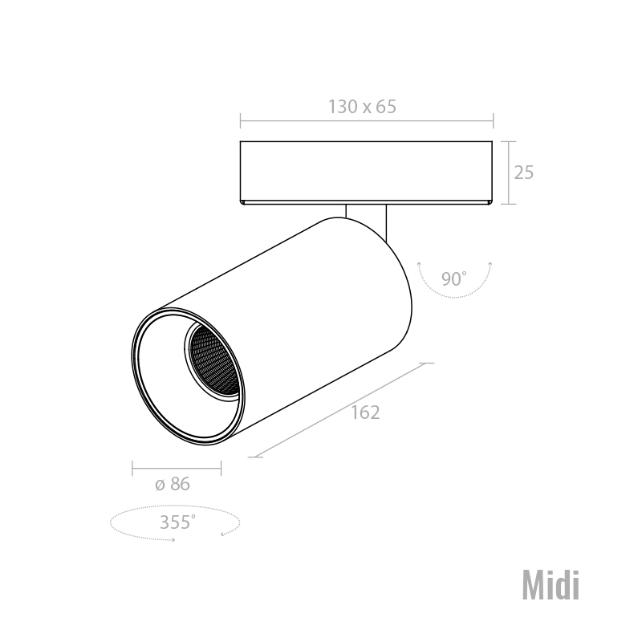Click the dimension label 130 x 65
coord(363,107)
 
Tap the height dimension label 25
coord(524,173)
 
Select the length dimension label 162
coord(365,412)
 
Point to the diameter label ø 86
coord(173,484)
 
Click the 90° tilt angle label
coord(453,278)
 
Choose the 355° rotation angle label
coord(177,522)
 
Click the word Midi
coord(551,586)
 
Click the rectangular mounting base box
coord(366,173)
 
